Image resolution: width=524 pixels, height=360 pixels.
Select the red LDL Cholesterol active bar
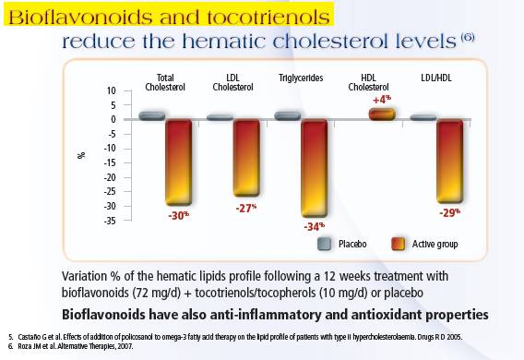[x=246, y=158]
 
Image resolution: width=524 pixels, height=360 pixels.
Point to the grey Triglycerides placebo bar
[x=288, y=115]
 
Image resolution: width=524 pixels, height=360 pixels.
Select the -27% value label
[x=246, y=208]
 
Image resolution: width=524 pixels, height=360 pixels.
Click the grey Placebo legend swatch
[x=324, y=244]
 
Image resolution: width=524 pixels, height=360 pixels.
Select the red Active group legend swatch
[x=399, y=244]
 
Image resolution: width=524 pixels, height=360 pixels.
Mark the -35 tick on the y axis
[x=110, y=221]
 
